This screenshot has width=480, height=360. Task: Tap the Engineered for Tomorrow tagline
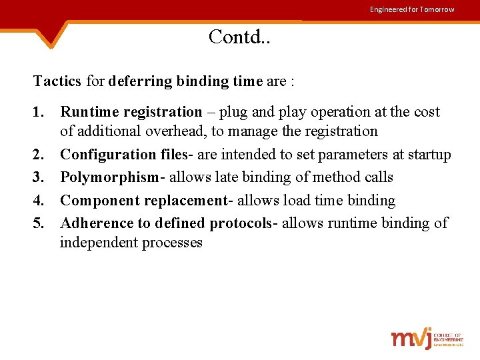[x=412, y=9]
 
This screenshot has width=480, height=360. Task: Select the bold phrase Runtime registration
[x=131, y=113]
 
